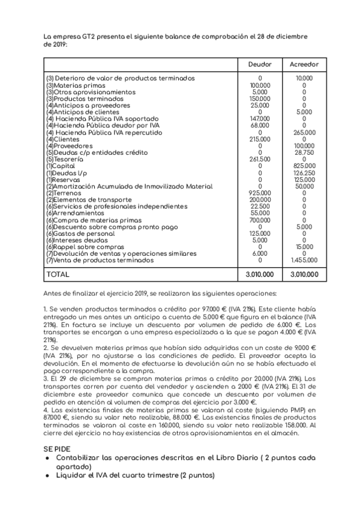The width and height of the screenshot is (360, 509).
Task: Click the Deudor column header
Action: click(260, 64)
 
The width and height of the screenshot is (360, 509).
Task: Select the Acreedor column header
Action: click(304, 64)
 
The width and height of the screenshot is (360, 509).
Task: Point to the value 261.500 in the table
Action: click(260, 160)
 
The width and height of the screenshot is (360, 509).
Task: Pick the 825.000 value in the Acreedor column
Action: click(304, 166)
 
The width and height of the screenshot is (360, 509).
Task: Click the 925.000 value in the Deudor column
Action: click(260, 193)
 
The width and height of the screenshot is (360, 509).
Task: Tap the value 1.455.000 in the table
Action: click(304, 261)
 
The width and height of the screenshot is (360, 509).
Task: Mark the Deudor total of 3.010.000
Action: click(260, 274)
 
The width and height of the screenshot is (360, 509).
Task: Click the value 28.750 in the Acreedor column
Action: click(304, 153)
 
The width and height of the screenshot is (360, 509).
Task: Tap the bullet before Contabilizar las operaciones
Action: click(48, 458)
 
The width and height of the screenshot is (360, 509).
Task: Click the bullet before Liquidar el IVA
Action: click(48, 475)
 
